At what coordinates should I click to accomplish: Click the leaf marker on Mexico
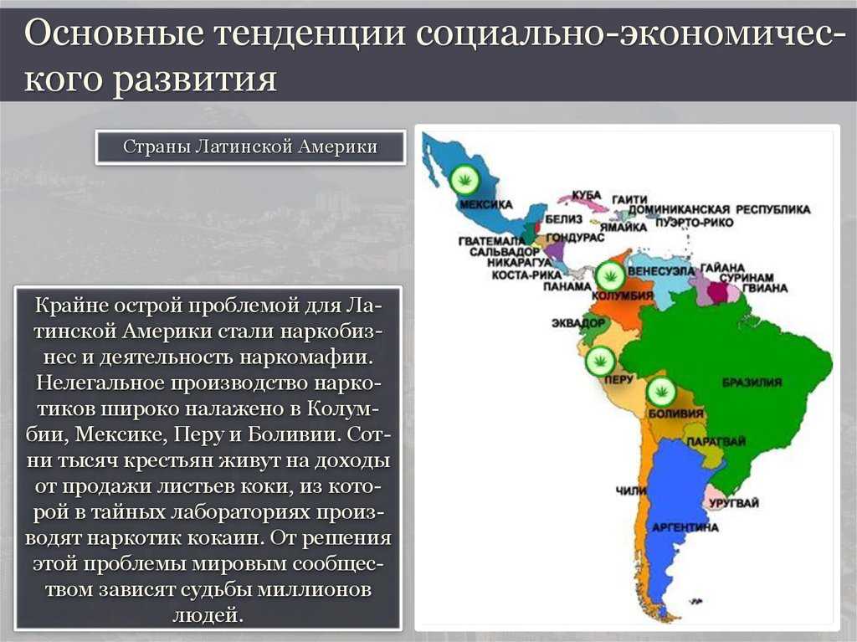(465, 179)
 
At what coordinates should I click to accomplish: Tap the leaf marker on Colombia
(610, 275)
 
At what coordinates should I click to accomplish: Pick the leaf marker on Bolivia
(661, 392)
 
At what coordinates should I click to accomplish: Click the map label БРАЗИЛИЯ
(752, 383)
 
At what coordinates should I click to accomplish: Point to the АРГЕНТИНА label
(685, 527)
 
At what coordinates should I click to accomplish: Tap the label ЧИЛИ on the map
(631, 490)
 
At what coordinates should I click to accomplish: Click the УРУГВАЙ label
(734, 502)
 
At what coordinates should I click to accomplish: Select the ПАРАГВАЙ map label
(716, 441)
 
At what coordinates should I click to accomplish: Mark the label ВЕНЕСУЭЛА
(661, 270)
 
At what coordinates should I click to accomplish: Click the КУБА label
(587, 195)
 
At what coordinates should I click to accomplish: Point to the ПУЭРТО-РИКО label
(694, 222)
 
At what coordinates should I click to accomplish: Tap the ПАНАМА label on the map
(567, 286)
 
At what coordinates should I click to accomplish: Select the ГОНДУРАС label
(575, 238)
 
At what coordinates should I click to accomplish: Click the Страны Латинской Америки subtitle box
(250, 146)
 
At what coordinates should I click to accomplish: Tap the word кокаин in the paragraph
(220, 537)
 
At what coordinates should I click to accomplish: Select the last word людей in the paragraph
(208, 615)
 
